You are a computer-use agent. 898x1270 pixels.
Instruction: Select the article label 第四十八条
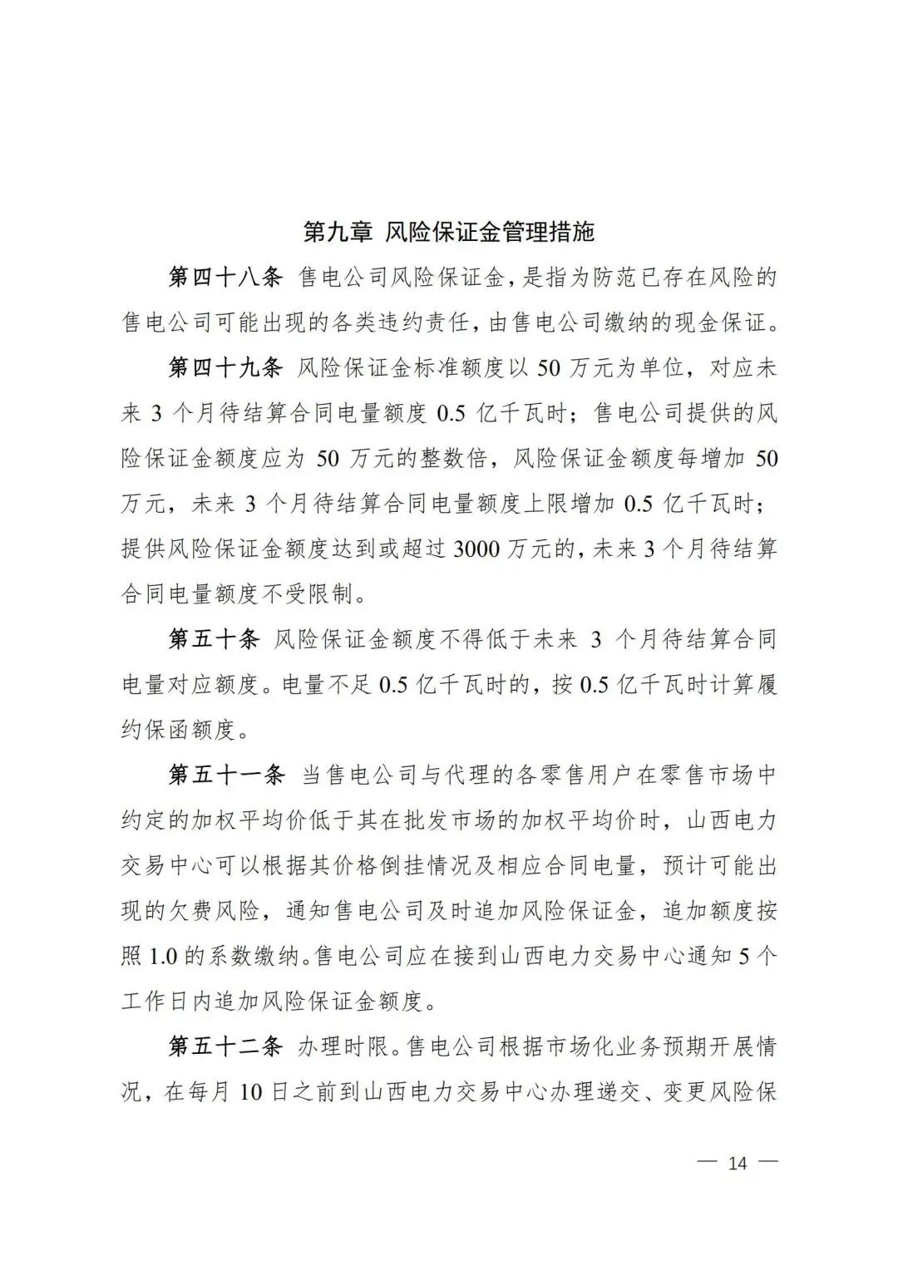point(226,278)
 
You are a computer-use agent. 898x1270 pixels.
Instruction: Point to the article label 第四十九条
point(226,367)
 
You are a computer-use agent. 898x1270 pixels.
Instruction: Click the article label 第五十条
point(215,639)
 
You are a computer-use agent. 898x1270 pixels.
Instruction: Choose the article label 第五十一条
point(226,775)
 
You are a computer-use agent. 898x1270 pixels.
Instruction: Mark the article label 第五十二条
point(226,1046)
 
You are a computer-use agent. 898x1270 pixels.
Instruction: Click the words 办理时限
point(343,1046)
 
